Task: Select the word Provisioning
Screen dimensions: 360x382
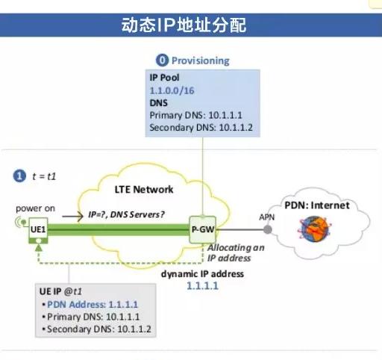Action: [x=201, y=60]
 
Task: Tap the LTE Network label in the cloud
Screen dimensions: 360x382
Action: [x=145, y=190]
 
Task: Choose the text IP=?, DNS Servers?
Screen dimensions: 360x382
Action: [x=127, y=214]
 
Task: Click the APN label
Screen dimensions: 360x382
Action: [x=266, y=217]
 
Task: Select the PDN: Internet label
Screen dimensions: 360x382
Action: [x=317, y=205]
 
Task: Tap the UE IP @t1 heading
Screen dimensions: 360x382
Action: [x=60, y=291]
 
